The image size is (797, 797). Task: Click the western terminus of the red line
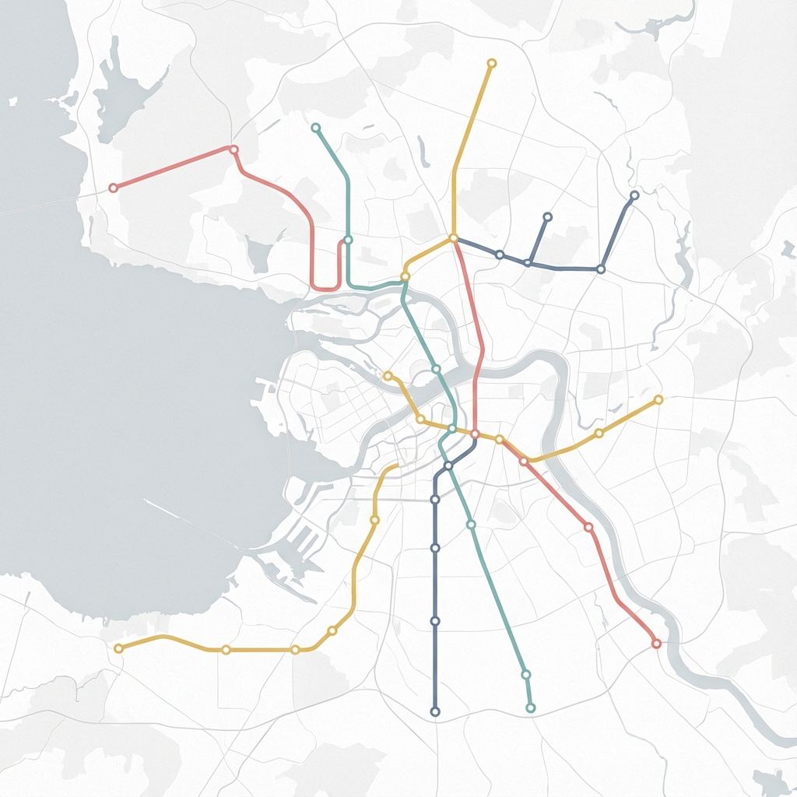coord(113,188)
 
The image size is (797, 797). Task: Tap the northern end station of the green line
coord(315,127)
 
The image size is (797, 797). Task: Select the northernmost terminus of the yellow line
coord(491,63)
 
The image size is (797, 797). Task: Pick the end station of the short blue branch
coord(547,216)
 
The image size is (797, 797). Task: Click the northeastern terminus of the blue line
coord(634,195)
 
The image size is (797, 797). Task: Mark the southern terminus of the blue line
coord(435,711)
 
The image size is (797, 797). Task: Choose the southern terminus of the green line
coord(531,707)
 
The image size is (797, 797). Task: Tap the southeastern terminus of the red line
coord(656,644)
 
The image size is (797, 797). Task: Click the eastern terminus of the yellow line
coord(658,399)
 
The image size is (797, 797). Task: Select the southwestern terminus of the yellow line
coord(118,648)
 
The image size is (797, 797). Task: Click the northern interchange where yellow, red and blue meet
coord(453,238)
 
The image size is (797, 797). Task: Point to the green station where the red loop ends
coord(348,240)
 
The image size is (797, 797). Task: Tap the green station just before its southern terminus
coord(525,674)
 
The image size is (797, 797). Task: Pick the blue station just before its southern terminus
coord(435,621)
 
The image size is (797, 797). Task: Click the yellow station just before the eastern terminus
coord(599,433)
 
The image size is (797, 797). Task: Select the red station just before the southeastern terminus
coord(588,527)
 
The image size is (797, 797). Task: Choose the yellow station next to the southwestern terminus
coord(226,649)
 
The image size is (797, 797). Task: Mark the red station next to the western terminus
coord(233,149)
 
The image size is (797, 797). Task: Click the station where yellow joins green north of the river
coord(405,276)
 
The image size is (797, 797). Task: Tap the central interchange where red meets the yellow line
coord(475,434)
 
